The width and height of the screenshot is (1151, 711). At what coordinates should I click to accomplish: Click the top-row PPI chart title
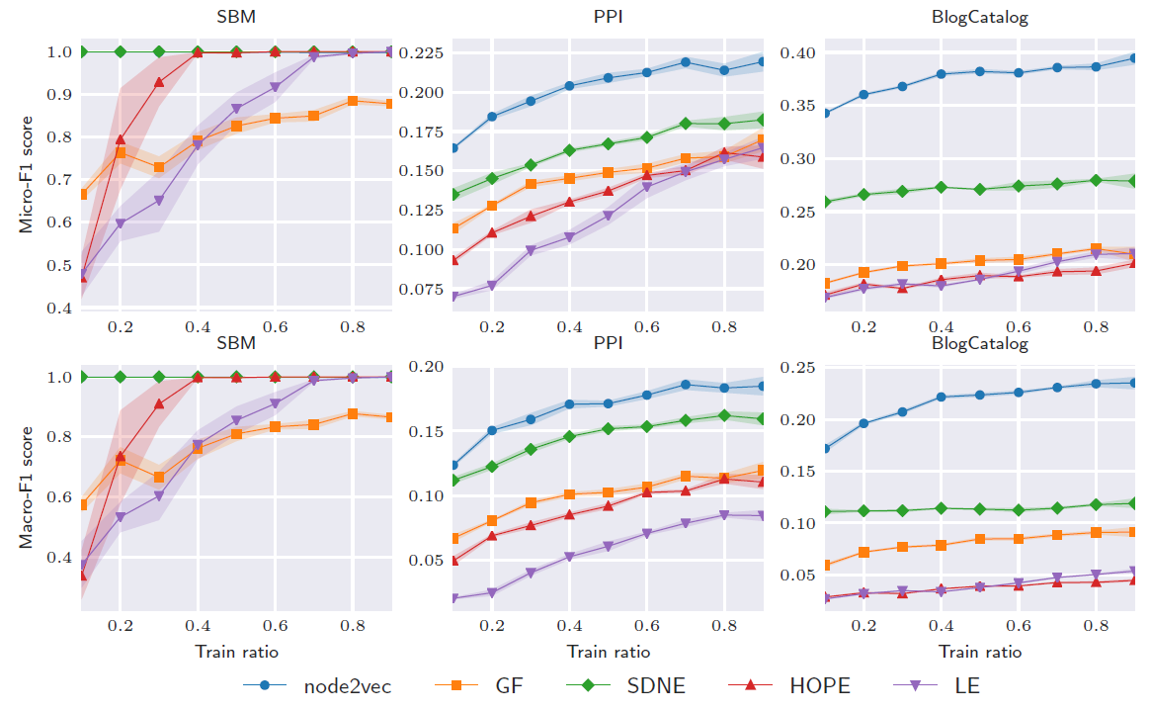point(609,17)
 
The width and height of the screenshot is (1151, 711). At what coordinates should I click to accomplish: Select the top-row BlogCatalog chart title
point(980,17)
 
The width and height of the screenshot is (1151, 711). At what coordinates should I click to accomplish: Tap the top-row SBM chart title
point(236,17)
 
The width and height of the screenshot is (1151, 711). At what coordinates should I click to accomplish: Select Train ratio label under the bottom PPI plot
point(609,652)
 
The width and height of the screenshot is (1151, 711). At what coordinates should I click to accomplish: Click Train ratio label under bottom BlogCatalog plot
point(980,652)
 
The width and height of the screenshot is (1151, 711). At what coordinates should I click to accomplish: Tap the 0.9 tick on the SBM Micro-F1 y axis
point(59,95)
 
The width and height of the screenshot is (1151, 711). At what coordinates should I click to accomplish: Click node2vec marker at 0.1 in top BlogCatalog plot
point(825,113)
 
